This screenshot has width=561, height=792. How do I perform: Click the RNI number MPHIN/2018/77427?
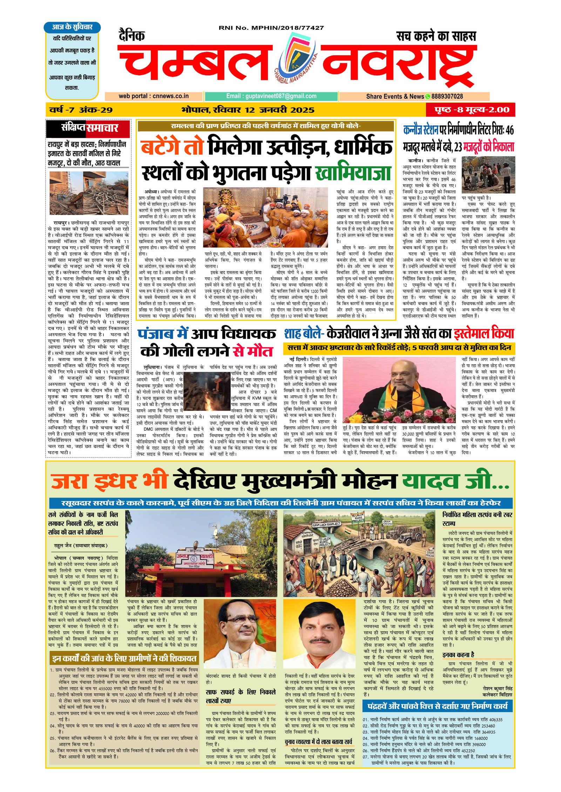pyautogui.click(x=271, y=28)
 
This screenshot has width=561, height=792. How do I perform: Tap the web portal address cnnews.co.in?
pyautogui.click(x=154, y=96)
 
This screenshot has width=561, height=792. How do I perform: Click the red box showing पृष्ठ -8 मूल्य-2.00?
pyautogui.click(x=472, y=110)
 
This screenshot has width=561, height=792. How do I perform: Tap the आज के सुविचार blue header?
pyautogui.click(x=72, y=27)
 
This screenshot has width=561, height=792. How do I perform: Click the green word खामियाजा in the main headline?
pyautogui.click(x=353, y=172)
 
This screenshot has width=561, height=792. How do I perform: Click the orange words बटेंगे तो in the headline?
pyautogui.click(x=172, y=147)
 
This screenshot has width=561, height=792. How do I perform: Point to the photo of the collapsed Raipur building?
pyautogui.click(x=88, y=193)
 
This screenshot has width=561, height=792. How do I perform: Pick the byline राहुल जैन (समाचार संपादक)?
pyautogui.click(x=81, y=546)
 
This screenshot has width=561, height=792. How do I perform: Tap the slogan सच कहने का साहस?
pyautogui.click(x=436, y=36)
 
